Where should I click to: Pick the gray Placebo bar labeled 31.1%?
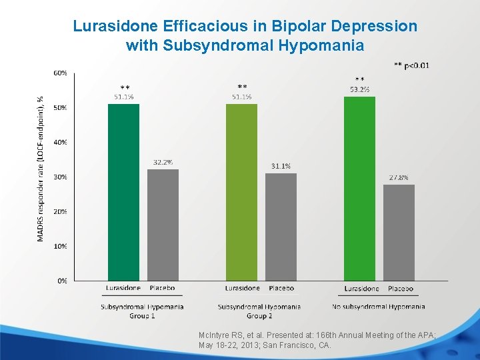click(281, 227)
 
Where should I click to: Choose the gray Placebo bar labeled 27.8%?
click(399, 233)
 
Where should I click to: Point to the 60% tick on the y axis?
click(59, 73)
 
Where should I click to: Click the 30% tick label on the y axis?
click(59, 177)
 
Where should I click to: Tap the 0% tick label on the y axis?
click(61, 281)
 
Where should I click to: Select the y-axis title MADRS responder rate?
click(41, 167)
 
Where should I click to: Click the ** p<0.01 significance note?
click(411, 65)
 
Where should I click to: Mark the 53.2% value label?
click(359, 89)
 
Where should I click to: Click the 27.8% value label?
click(399, 177)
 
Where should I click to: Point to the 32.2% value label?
click(163, 162)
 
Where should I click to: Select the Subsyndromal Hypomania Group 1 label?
click(141, 311)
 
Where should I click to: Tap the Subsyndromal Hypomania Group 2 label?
click(259, 311)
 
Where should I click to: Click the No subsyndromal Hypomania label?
click(378, 307)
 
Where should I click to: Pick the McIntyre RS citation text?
click(317, 340)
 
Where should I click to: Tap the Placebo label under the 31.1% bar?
click(281, 288)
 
